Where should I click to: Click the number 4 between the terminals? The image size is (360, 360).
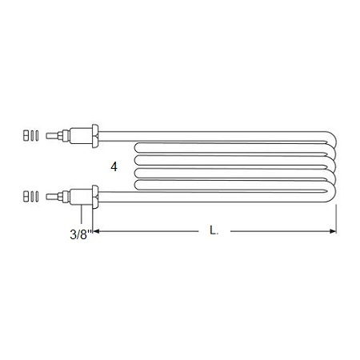pyautogui.click(x=114, y=167)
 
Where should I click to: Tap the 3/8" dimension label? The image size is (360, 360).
pyautogui.click(x=81, y=234)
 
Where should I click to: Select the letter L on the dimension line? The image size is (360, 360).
pyautogui.click(x=214, y=230)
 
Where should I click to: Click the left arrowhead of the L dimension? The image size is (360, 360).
pyautogui.click(x=96, y=231)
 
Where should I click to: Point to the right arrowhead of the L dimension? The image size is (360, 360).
pyautogui.click(x=333, y=231)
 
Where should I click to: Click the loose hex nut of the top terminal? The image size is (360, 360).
pyautogui.click(x=26, y=135)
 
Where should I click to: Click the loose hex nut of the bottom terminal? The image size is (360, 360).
pyautogui.click(x=26, y=196)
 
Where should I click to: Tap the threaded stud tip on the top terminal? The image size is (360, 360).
pyautogui.click(x=52, y=136)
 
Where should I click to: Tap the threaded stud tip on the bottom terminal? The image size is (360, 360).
pyautogui.click(x=52, y=197)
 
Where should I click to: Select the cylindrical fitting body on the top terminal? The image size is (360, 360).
pyautogui.click(x=81, y=136)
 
